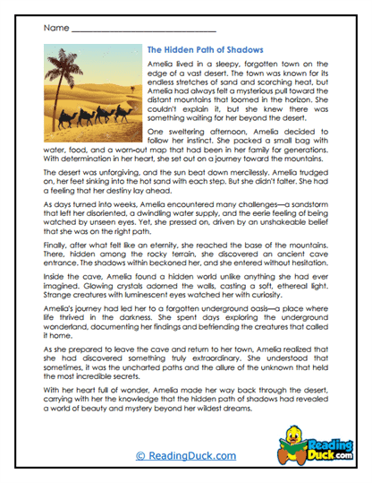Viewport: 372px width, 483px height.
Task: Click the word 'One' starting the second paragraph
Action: (x=153, y=154)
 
